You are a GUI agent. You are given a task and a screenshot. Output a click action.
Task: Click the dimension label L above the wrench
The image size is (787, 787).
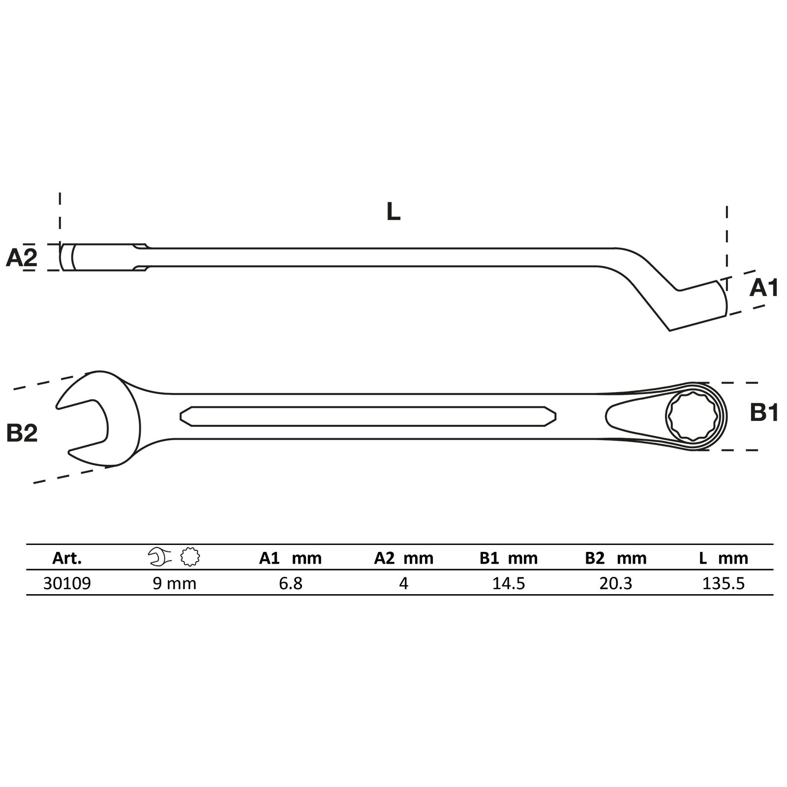pyautogui.click(x=393, y=212)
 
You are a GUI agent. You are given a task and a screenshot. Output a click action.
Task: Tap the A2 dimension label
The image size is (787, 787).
pyautogui.click(x=22, y=258)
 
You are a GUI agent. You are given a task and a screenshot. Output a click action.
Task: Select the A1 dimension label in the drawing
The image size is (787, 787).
pyautogui.click(x=763, y=288)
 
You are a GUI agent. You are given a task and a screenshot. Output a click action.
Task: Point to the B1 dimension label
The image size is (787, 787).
pyautogui.click(x=764, y=414)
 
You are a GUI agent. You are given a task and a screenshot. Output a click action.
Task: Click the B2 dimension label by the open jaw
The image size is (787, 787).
pyautogui.click(x=22, y=433)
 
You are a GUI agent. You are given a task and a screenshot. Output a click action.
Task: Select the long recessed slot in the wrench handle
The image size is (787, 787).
pyautogui.click(x=368, y=416)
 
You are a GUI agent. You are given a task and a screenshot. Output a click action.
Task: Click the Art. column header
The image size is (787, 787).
pyautogui.click(x=67, y=558)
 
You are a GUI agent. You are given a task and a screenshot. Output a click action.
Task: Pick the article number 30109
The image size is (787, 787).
pyautogui.click(x=67, y=584)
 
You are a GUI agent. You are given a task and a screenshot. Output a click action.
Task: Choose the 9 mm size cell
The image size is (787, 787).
pyautogui.click(x=174, y=584)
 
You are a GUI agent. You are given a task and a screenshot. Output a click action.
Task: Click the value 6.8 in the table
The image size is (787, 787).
pyautogui.click(x=290, y=584)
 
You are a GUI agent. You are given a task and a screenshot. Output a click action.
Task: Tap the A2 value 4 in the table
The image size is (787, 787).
pyautogui.click(x=403, y=584)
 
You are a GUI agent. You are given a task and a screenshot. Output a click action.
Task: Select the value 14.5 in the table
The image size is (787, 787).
pyautogui.click(x=509, y=584)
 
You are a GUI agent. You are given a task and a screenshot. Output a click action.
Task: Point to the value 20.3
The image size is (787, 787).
pyautogui.click(x=616, y=584)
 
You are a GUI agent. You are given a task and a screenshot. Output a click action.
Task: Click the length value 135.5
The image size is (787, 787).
pyautogui.click(x=724, y=584)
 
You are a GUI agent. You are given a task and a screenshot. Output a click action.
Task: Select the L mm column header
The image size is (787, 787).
pyautogui.click(x=723, y=558)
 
